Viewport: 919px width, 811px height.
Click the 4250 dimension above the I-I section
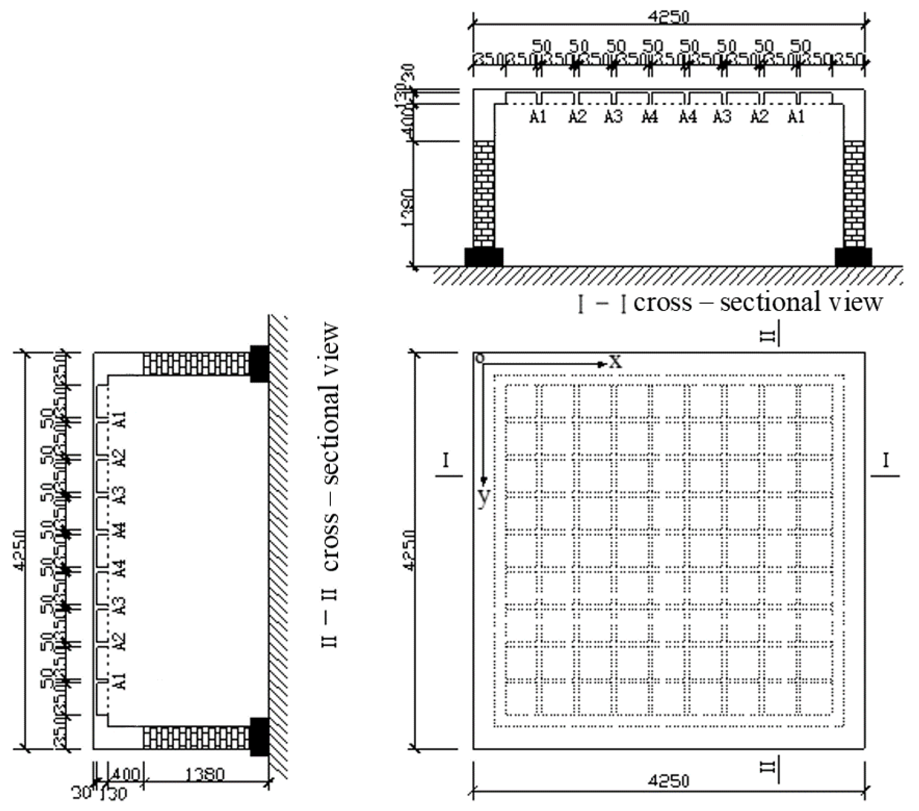(x=668, y=16)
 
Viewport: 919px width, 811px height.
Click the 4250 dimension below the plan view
(x=668, y=781)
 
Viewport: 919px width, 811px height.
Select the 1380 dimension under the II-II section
(x=204, y=775)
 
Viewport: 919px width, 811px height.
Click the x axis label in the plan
(x=615, y=362)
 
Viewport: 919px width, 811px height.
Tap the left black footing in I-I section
(x=484, y=257)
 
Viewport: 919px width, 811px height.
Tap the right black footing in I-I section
(x=853, y=257)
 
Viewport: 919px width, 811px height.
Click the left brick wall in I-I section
(x=483, y=194)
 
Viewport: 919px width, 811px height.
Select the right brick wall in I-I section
(x=854, y=194)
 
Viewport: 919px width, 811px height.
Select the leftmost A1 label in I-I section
(x=538, y=117)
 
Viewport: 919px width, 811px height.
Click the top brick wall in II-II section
(x=195, y=364)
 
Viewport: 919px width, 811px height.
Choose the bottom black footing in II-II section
(x=259, y=736)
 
